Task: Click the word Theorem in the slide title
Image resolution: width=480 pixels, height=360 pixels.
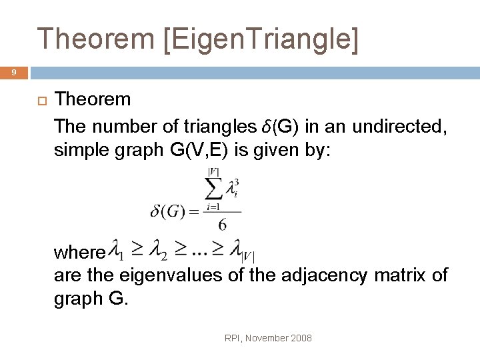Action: tap(95, 39)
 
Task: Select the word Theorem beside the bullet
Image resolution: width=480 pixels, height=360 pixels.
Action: tap(93, 100)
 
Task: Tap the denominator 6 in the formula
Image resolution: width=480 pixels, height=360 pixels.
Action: tap(222, 224)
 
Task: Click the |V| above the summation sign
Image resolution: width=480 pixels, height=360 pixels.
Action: tap(214, 171)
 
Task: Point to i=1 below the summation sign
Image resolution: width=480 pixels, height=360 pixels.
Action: tap(214, 207)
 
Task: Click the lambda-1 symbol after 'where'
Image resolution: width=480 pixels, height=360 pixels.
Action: tap(117, 251)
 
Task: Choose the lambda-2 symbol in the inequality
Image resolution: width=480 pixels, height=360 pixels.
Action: tap(157, 251)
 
